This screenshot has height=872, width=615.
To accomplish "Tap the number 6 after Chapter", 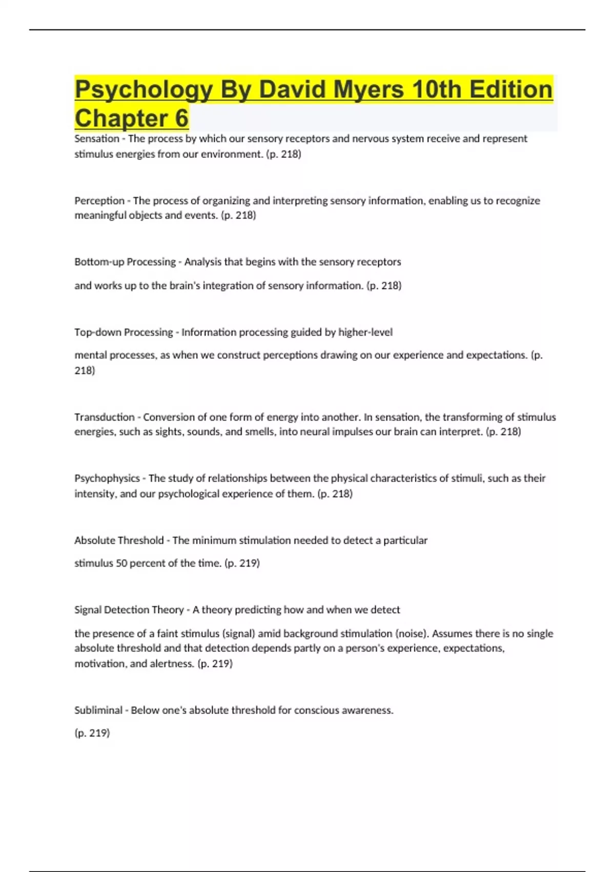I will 182,118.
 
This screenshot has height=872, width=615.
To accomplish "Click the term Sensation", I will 97,138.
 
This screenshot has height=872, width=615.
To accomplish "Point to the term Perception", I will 99,201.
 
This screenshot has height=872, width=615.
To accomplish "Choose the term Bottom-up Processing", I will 125,262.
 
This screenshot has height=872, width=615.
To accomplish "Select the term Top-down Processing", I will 124,332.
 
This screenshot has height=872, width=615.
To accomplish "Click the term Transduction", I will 105,417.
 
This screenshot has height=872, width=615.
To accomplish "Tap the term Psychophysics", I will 107,478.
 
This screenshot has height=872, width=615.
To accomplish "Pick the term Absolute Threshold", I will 119,540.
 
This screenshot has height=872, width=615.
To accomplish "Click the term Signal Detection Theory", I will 129,610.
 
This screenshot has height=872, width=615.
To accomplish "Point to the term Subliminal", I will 98,710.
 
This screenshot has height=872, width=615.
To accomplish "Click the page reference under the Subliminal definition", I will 92,733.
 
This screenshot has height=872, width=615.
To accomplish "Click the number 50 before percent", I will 121,563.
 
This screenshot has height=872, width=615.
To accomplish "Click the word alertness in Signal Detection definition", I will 172,664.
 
